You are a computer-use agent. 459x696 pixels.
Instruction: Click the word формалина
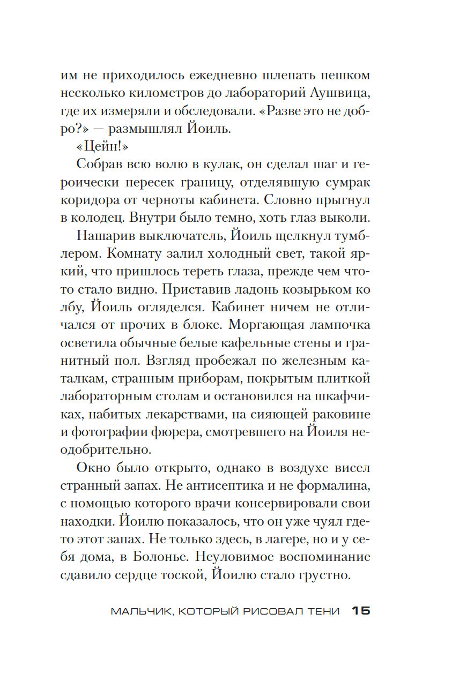pos(332,485)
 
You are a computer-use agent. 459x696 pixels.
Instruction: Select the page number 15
pos(361,611)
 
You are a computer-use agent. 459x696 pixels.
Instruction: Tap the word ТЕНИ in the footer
pos(323,612)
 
